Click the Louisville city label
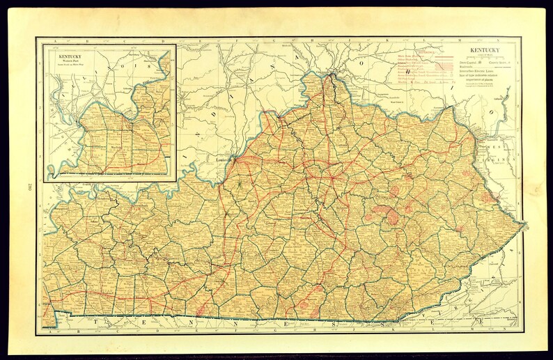pyautogui.click(x=222, y=158)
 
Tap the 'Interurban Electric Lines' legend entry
pyautogui.click(x=481, y=74)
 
